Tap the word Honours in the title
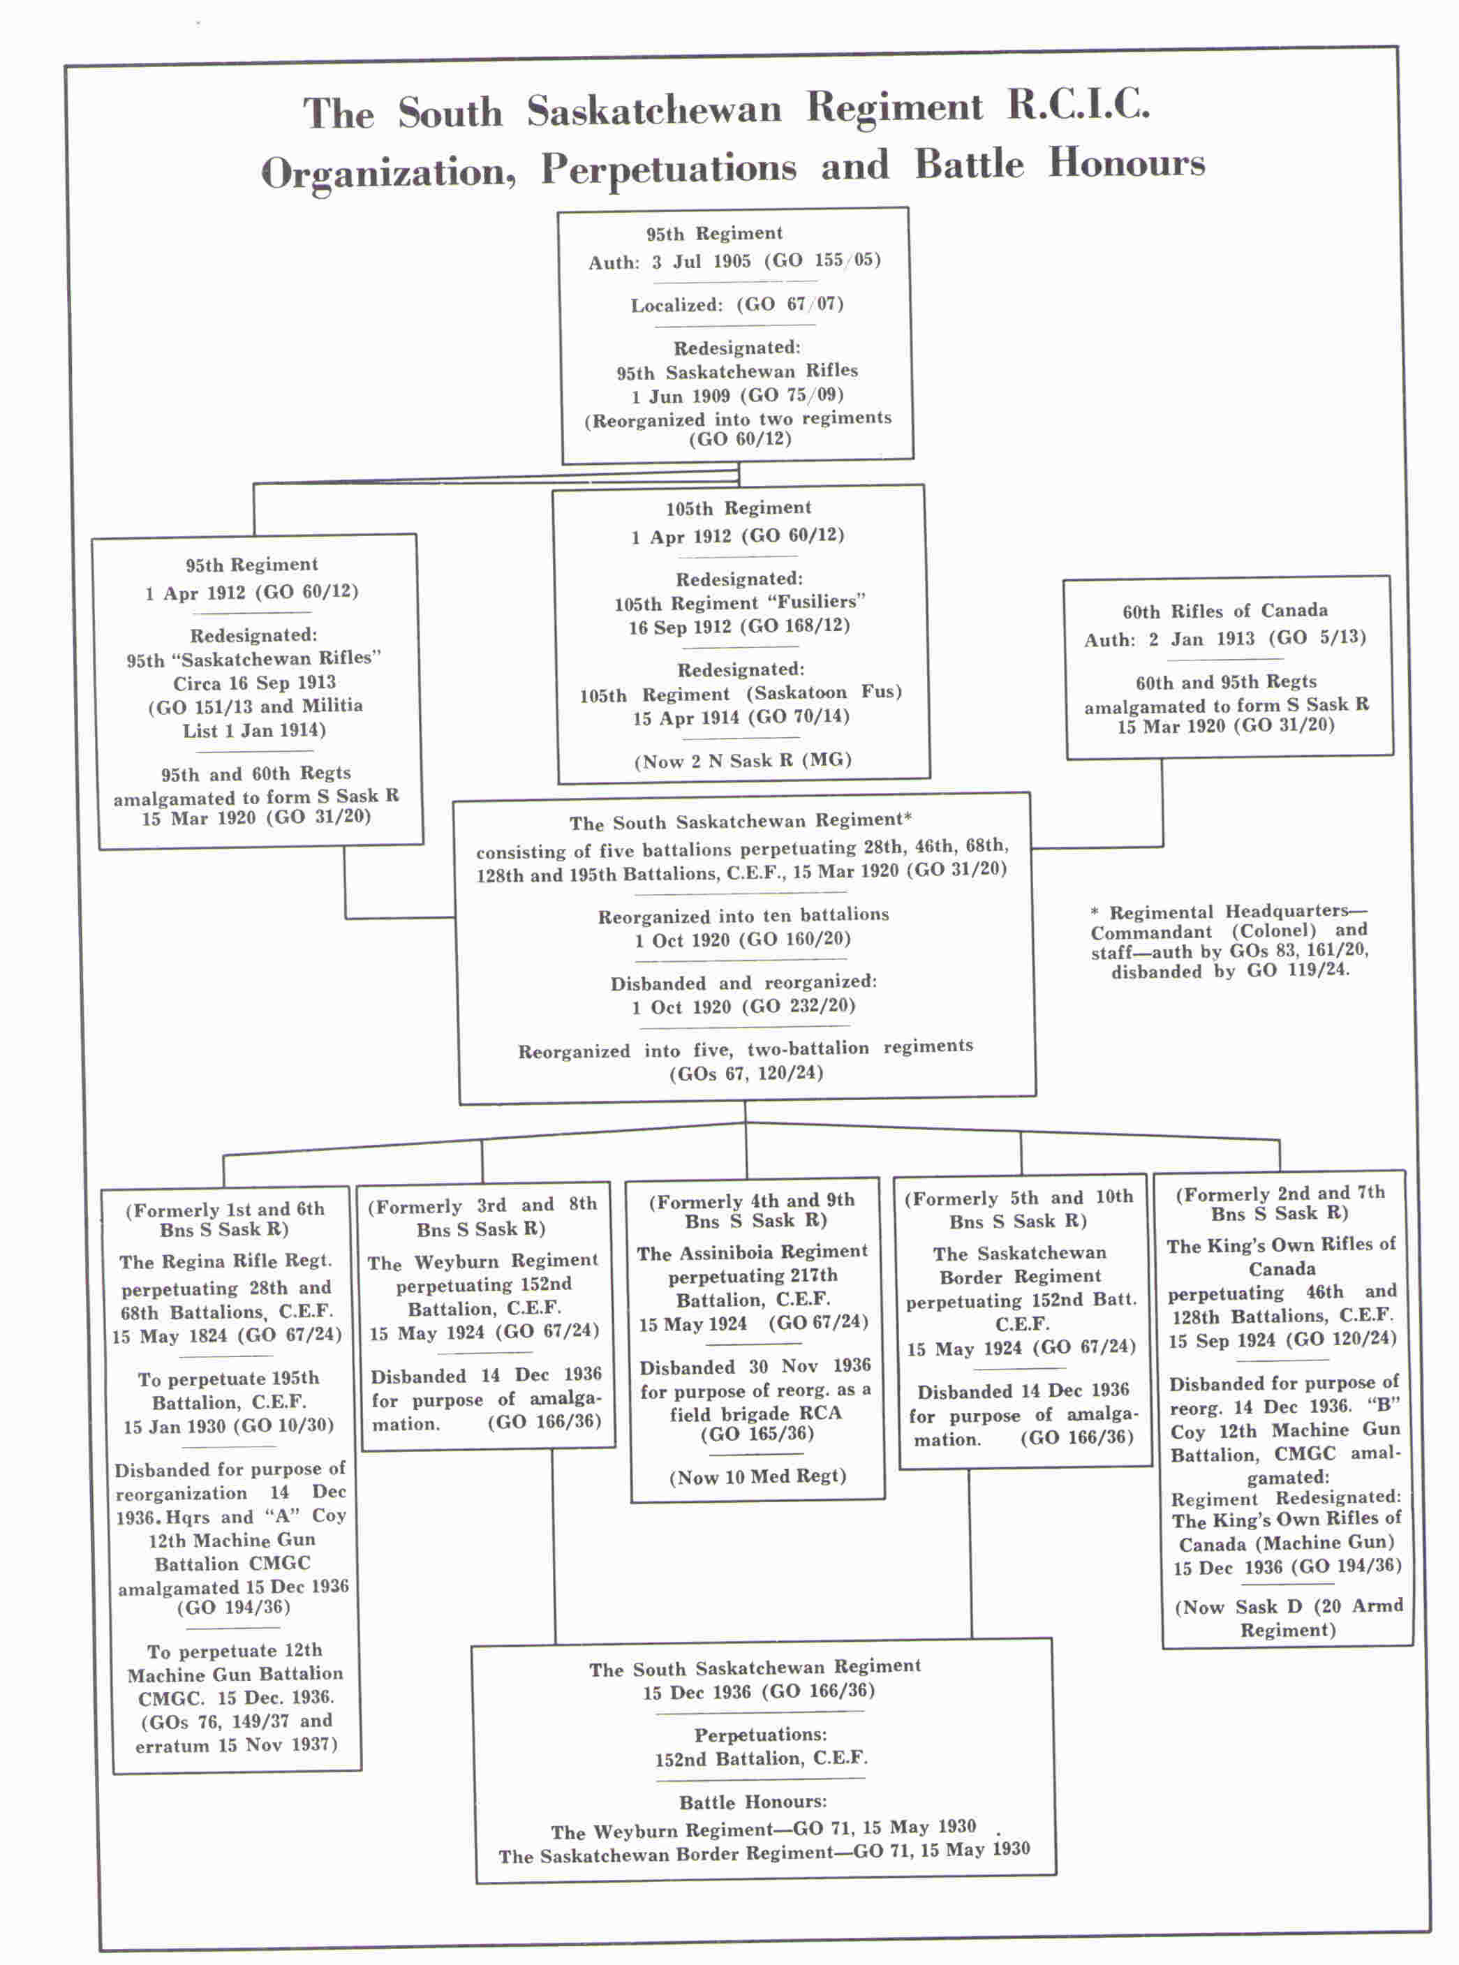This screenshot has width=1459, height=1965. click(1126, 163)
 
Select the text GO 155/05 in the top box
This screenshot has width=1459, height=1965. click(823, 260)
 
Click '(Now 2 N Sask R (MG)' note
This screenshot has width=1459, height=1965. click(742, 760)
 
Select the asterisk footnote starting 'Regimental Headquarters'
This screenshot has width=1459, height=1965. click(1229, 942)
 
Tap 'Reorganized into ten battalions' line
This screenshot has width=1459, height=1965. click(743, 916)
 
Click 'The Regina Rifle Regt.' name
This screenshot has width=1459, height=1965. click(226, 1262)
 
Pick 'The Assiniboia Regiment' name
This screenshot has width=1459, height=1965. click(753, 1252)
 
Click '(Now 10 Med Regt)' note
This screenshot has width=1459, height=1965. click(757, 1476)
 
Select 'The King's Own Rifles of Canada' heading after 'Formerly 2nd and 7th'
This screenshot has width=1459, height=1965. click(1280, 1256)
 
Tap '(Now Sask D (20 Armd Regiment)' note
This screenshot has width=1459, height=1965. click(1288, 1618)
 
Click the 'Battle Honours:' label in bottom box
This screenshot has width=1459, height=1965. click(753, 1802)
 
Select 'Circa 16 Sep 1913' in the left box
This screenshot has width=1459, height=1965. click(254, 683)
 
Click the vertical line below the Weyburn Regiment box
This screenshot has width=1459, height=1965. click(554, 1545)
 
